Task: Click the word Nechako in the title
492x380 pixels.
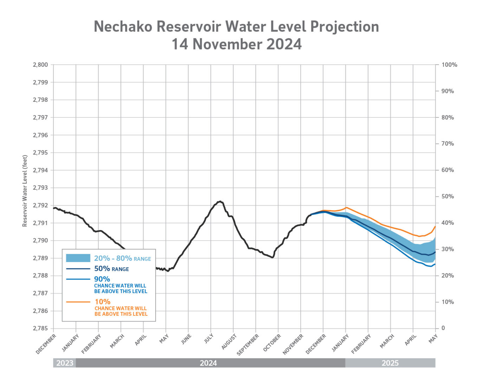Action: pyautogui.click(x=123, y=27)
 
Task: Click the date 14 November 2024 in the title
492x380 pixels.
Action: pyautogui.click(x=237, y=45)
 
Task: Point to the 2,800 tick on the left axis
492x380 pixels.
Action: pyautogui.click(x=40, y=65)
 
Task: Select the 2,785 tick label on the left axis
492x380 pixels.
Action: pyautogui.click(x=40, y=328)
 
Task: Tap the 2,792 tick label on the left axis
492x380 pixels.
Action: pyautogui.click(x=40, y=205)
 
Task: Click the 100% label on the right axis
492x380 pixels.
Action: pyautogui.click(x=449, y=65)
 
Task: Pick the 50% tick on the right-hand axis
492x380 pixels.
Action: pyautogui.click(x=447, y=196)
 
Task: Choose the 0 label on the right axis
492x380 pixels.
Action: pyautogui.click(x=443, y=328)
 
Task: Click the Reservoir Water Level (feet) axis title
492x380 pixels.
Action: pyautogui.click(x=25, y=191)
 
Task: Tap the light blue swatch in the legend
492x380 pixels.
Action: pyautogui.click(x=78, y=258)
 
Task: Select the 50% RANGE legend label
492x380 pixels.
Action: pyautogui.click(x=111, y=269)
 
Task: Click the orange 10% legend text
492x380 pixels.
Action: pyautogui.click(x=102, y=302)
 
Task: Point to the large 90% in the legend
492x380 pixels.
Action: pyautogui.click(x=102, y=279)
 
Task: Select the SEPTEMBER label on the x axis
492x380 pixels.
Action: pyautogui.click(x=248, y=345)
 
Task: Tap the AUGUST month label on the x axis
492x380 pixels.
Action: pyautogui.click(x=229, y=342)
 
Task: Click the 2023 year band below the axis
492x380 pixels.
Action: pyautogui.click(x=65, y=363)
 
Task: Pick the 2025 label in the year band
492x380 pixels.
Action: pyautogui.click(x=390, y=363)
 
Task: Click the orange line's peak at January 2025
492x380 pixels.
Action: pyautogui.click(x=346, y=207)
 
